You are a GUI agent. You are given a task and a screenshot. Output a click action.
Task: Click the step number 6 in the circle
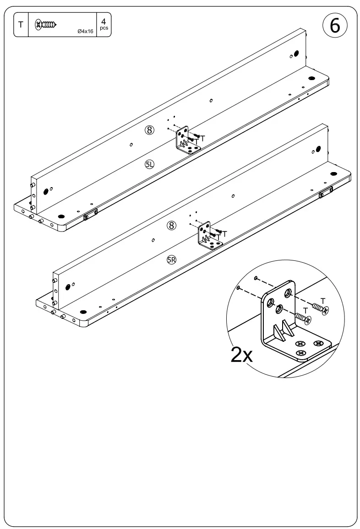click(x=335, y=26)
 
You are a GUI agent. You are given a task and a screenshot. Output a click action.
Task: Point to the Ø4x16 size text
click(x=85, y=31)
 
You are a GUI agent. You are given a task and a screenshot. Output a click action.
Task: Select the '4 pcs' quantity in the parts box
click(x=104, y=24)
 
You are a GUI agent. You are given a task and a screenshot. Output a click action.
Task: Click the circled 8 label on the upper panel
click(x=149, y=130)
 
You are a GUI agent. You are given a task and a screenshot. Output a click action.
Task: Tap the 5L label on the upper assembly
click(x=150, y=164)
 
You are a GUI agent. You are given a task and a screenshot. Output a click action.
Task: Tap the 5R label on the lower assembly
click(x=171, y=260)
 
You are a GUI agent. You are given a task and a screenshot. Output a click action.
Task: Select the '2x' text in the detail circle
click(x=241, y=355)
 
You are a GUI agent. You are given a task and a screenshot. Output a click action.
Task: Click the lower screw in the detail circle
click(x=303, y=317)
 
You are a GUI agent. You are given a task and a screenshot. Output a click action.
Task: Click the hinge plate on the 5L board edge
click(x=90, y=214)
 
